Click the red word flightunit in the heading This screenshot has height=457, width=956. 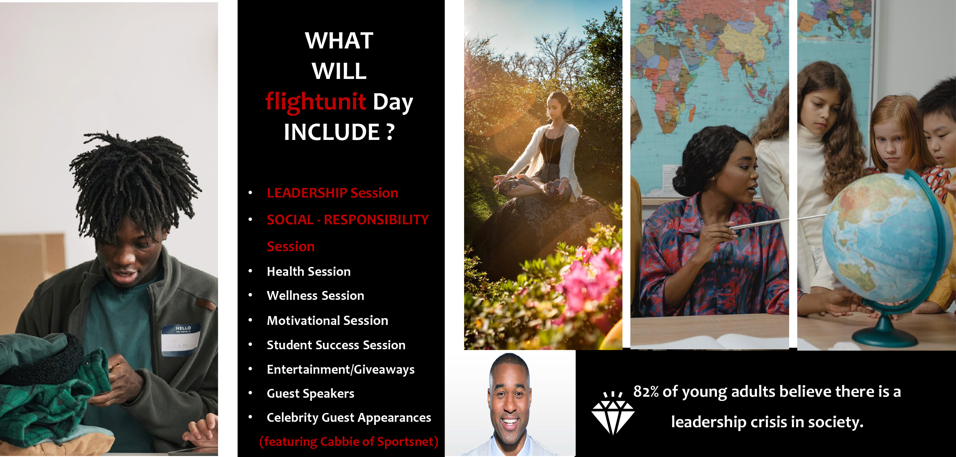(316, 102)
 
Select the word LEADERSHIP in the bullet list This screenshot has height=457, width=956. (307, 193)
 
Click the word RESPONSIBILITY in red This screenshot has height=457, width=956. (376, 220)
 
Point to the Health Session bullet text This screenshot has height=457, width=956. (309, 271)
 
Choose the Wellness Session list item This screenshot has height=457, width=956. (316, 295)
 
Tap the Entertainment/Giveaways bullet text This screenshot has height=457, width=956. (341, 369)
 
